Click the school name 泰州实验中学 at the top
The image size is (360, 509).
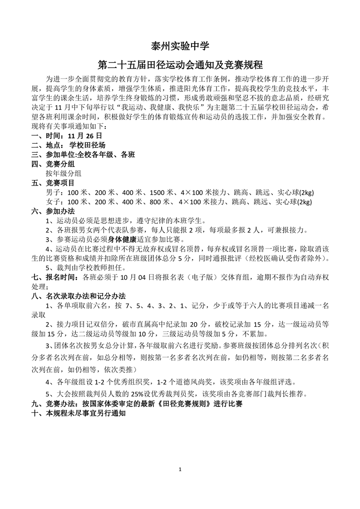click(x=180, y=46)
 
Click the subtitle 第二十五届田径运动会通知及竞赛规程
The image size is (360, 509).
click(x=180, y=65)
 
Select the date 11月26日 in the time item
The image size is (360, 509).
click(x=84, y=136)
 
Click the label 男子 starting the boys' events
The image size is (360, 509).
click(x=53, y=193)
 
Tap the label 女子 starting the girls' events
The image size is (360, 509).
click(x=53, y=202)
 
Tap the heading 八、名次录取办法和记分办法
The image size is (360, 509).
click(x=78, y=296)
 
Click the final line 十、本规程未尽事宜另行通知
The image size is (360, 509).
click(x=77, y=413)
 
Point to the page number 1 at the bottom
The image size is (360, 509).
click(x=180, y=469)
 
